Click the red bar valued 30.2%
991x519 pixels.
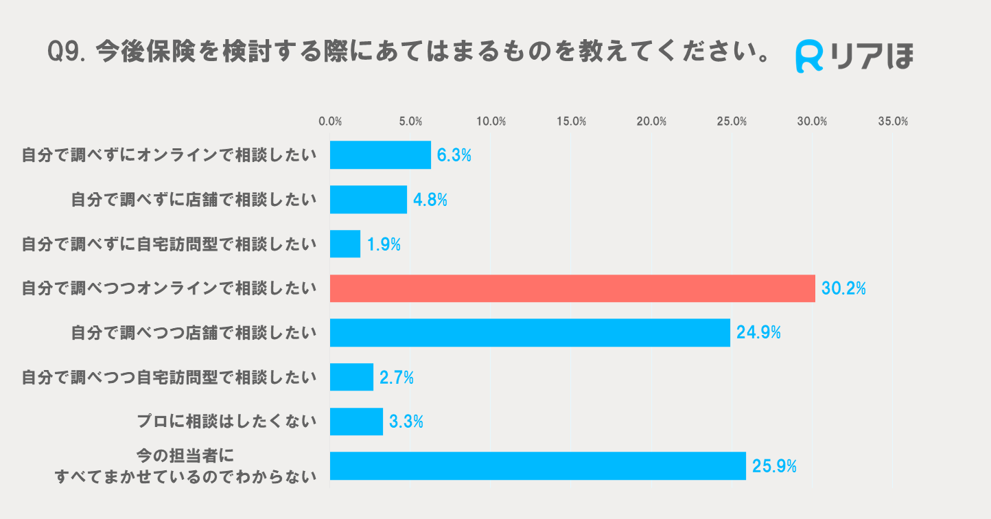click(x=572, y=288)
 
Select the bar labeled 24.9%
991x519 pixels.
click(x=530, y=332)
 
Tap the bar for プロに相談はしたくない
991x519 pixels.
click(x=356, y=422)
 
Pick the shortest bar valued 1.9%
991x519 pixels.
click(x=345, y=244)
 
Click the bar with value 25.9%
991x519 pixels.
click(x=537, y=466)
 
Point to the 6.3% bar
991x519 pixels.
click(x=380, y=155)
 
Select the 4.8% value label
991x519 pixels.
click(x=430, y=200)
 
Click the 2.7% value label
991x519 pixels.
click(x=397, y=378)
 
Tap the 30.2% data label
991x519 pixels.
click(x=843, y=289)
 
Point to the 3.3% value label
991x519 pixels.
click(x=406, y=422)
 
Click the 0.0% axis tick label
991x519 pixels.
click(x=330, y=122)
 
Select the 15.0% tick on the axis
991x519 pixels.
click(x=571, y=122)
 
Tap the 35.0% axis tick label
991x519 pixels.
click(x=892, y=122)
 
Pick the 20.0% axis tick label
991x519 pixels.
click(x=651, y=122)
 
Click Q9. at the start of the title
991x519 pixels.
click(x=67, y=52)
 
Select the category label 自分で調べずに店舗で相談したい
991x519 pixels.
click(x=194, y=200)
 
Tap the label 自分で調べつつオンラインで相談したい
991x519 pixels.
click(x=170, y=289)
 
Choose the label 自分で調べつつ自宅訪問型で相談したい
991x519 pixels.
click(x=170, y=378)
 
